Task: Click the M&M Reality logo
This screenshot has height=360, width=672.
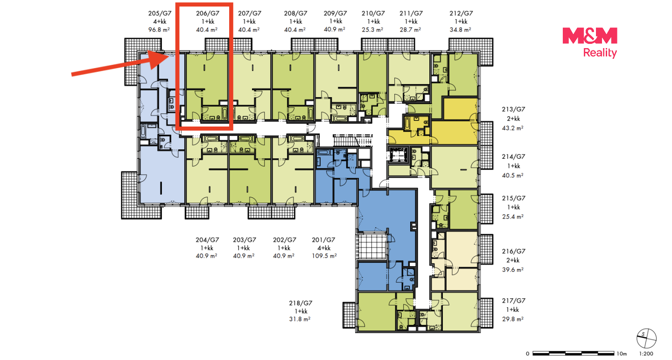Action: pyautogui.click(x=589, y=42)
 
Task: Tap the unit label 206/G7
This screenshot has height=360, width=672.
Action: pyautogui.click(x=208, y=13)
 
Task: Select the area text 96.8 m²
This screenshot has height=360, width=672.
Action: pyautogui.click(x=159, y=29)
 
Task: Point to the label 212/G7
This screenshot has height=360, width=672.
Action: pyautogui.click(x=461, y=13)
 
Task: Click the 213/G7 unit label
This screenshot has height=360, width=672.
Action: pyautogui.click(x=514, y=109)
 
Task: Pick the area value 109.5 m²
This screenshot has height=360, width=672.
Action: pyautogui.click(x=324, y=256)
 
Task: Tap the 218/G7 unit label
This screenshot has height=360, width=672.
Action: pyautogui.click(x=301, y=303)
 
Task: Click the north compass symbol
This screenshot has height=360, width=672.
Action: pyautogui.click(x=646, y=339)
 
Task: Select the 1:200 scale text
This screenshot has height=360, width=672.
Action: pyautogui.click(x=646, y=353)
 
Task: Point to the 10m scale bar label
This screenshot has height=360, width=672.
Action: pyautogui.click(x=622, y=353)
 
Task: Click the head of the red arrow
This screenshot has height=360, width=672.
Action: pyautogui.click(x=159, y=59)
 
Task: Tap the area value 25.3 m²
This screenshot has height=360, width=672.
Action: pyautogui.click(x=372, y=29)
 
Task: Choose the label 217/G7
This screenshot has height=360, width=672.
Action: pyautogui.click(x=514, y=301)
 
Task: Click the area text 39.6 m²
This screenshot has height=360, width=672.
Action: pyautogui.click(x=513, y=269)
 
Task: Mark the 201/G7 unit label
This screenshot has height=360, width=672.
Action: pyautogui.click(x=323, y=240)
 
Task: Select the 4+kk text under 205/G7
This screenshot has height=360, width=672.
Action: pyautogui.click(x=160, y=21)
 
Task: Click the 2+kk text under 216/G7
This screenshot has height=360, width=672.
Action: pyautogui.click(x=513, y=261)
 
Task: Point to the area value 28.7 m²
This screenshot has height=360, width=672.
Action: pyautogui.click(x=410, y=29)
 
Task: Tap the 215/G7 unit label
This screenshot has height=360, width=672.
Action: pyautogui.click(x=514, y=198)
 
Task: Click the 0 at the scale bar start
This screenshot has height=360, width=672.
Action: pyautogui.click(x=527, y=353)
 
